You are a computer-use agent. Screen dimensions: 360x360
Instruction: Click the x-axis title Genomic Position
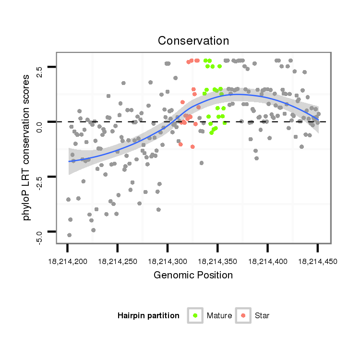(193, 275)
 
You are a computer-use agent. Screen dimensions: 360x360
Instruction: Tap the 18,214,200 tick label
(68, 262)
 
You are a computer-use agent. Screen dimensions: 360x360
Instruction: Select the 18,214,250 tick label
(118, 262)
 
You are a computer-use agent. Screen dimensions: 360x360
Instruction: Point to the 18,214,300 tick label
(168, 262)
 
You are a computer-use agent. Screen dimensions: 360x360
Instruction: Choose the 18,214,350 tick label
(217, 262)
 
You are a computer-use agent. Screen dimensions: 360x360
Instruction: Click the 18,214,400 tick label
(267, 262)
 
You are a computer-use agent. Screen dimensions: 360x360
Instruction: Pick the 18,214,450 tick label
(317, 262)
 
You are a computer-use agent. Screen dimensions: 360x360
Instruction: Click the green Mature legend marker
(195, 315)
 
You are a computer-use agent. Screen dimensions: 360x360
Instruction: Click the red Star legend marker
(243, 315)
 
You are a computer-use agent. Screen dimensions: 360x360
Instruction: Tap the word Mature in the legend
(219, 315)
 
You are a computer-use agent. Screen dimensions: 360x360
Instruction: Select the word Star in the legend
(263, 315)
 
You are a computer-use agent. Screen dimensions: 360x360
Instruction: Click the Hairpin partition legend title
(148, 315)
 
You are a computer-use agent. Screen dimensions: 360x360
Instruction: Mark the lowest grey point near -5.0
(69, 235)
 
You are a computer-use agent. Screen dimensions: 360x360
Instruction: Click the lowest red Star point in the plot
(192, 146)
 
